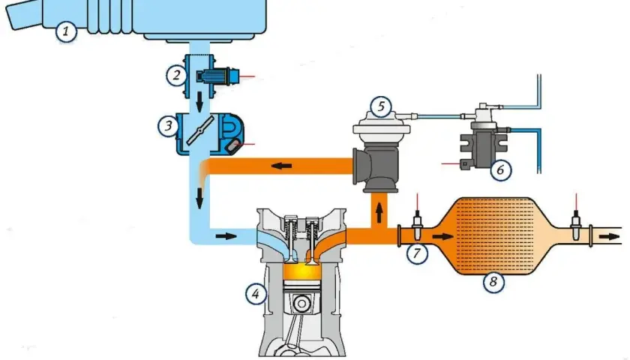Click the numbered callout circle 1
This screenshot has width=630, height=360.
click(66, 31)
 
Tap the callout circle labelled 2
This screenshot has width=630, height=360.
click(176, 75)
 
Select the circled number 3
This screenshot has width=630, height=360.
click(168, 126)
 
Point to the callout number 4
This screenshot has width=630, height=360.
click(256, 294)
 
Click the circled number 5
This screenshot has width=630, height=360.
click(381, 106)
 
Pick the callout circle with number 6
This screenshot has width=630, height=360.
click(500, 169)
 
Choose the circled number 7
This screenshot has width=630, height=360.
click(417, 253)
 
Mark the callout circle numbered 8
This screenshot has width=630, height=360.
click(493, 282)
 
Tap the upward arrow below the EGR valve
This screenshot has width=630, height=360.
click(379, 212)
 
